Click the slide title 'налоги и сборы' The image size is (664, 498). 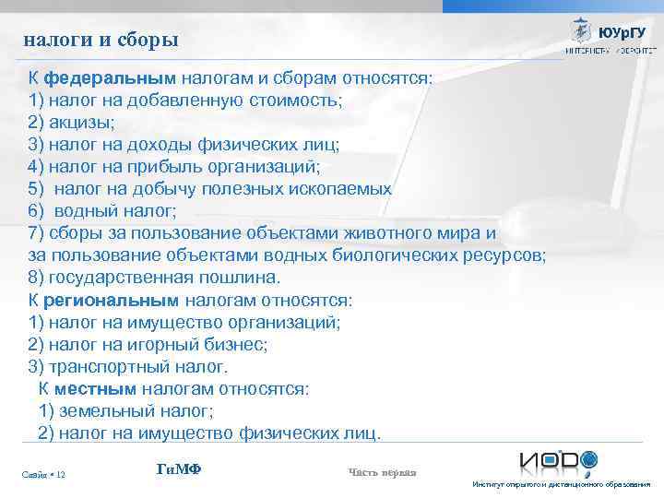(x=101, y=40)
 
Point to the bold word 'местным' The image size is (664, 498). (x=101, y=389)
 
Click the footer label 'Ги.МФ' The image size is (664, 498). (x=179, y=470)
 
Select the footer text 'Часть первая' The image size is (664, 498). (x=382, y=473)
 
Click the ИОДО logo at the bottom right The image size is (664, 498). (x=559, y=460)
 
